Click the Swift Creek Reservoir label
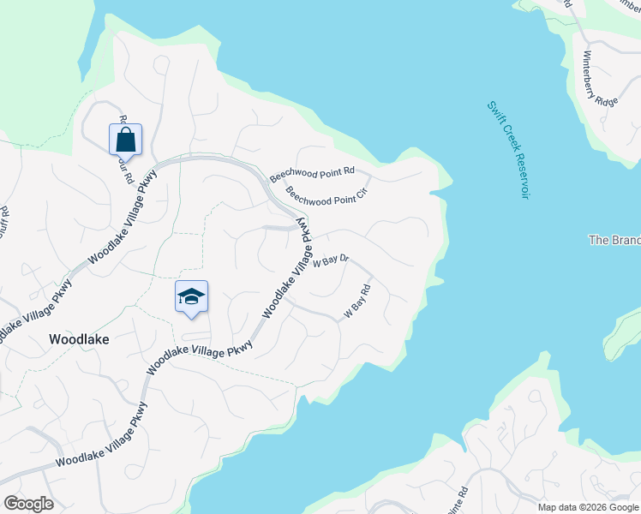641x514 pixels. (506, 150)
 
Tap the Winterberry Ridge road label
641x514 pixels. (601, 79)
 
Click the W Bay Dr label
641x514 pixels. (330, 260)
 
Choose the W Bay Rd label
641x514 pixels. (357, 302)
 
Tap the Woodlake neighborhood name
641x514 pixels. (79, 339)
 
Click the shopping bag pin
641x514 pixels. (125, 139)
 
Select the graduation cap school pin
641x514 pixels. (192, 296)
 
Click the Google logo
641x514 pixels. (28, 504)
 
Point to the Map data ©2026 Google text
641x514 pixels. (588, 507)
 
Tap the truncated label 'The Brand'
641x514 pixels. (614, 240)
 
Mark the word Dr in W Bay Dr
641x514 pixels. (342, 258)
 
